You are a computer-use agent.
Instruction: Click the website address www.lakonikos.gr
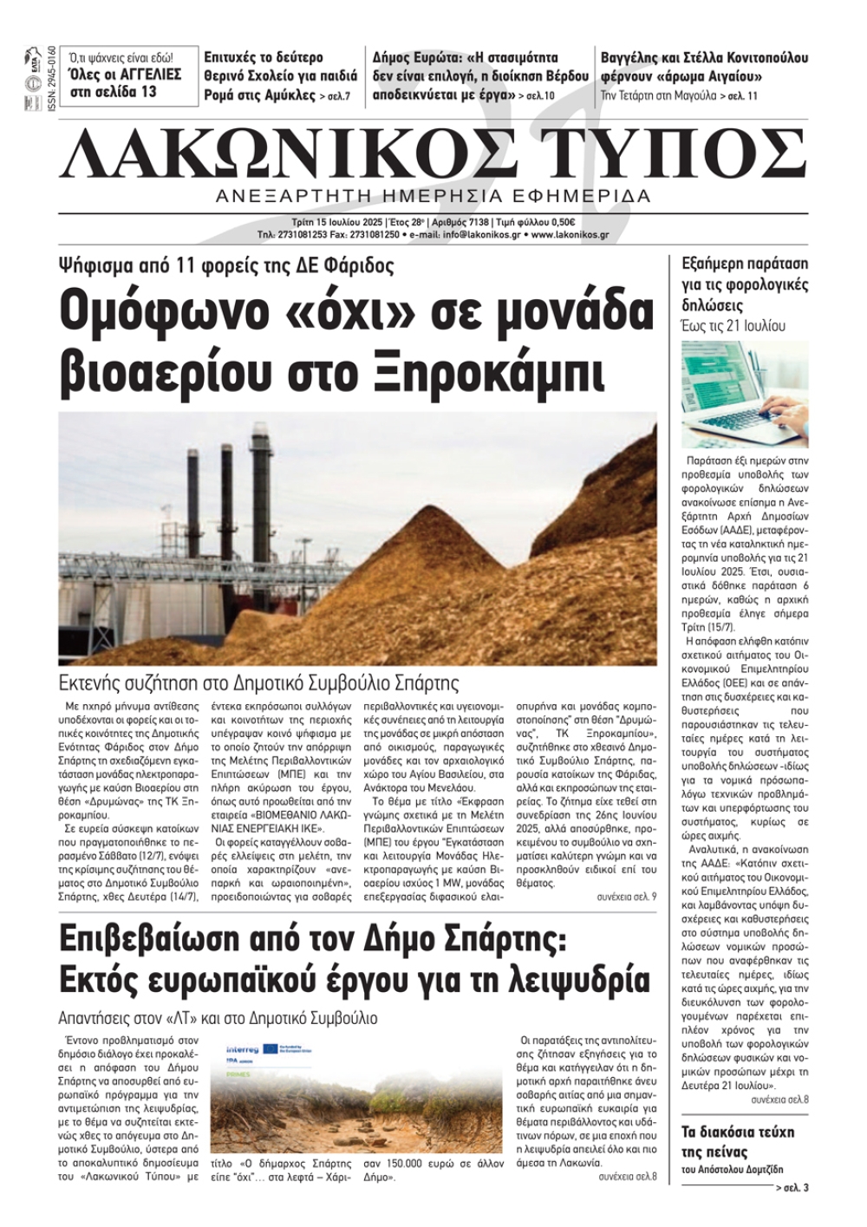point(570,234)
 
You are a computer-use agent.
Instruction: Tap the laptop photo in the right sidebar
point(745,394)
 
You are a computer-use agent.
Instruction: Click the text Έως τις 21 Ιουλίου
point(733,327)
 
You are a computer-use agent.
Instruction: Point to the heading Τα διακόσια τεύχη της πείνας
point(738,1141)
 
